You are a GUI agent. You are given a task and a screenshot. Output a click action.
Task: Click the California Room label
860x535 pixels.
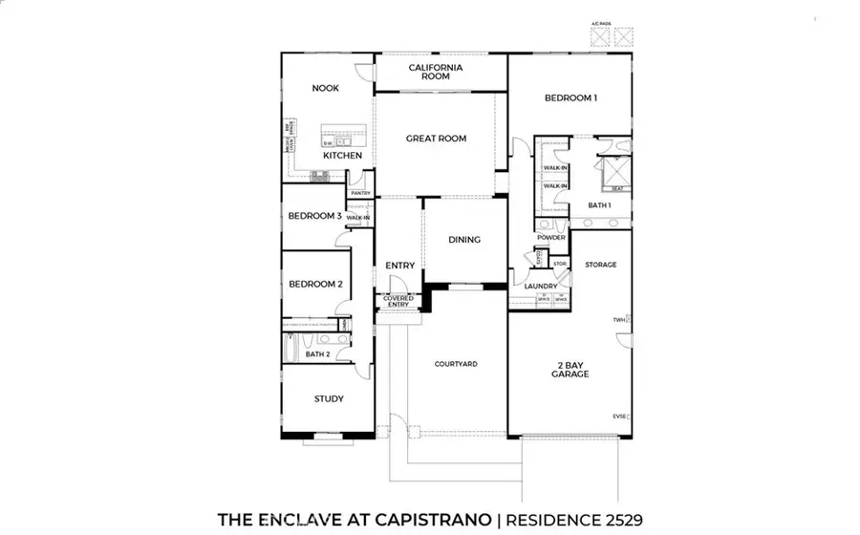point(436,72)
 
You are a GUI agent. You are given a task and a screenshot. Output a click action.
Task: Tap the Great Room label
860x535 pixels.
point(436,139)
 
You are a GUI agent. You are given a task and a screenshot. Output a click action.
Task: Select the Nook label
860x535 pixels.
point(326,89)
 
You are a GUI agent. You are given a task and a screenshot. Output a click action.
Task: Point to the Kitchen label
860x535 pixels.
point(341,155)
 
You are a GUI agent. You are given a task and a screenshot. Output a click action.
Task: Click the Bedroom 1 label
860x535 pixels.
point(570,97)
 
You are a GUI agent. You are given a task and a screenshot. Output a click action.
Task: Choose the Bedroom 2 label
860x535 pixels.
point(314,284)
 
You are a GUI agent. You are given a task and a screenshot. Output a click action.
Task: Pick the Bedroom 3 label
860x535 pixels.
point(314,216)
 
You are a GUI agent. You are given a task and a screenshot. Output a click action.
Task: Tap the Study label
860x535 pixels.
point(329,399)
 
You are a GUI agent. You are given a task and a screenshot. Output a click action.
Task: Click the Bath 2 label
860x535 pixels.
point(317,355)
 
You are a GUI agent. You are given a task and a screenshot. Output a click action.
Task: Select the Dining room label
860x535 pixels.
point(464,240)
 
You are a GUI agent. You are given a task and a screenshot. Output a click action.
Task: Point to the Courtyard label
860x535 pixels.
point(456,364)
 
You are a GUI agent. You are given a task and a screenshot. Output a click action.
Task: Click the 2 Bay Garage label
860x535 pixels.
point(570,369)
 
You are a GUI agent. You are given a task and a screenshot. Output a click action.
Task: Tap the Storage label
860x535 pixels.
point(600,265)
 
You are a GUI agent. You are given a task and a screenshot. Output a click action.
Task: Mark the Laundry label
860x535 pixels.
point(541,286)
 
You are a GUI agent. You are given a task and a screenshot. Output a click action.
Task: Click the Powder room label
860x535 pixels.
point(551,238)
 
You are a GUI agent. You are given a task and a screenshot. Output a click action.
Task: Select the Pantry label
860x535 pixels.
point(360,193)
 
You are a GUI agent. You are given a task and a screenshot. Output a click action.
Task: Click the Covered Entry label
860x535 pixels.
point(398,302)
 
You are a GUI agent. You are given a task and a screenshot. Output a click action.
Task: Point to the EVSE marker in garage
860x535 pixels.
point(619,416)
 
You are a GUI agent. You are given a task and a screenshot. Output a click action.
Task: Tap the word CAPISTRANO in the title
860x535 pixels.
point(431,519)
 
